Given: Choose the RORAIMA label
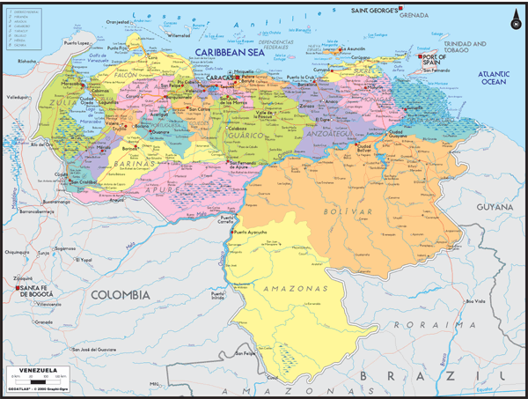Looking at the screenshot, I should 427,323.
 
